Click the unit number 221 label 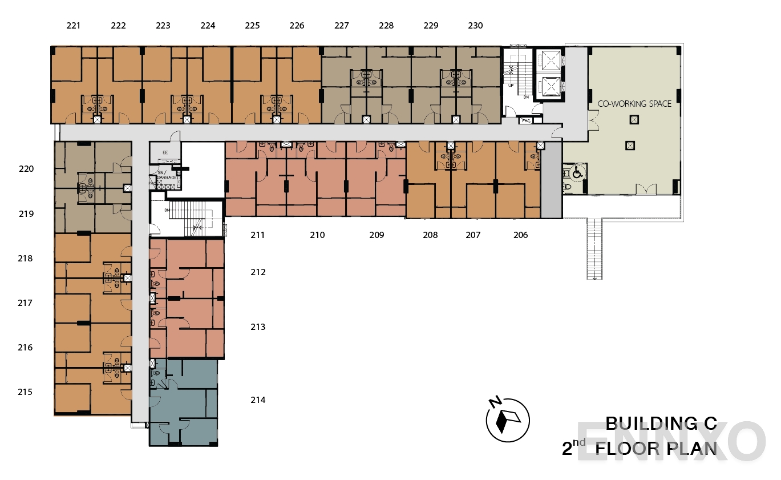[x=73, y=26]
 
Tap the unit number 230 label [x=475, y=26]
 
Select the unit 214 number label [x=258, y=400]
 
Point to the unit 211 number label [x=257, y=235]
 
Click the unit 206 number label [x=520, y=235]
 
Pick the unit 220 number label [x=26, y=169]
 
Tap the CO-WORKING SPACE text [x=634, y=104]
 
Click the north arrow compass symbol [x=507, y=420]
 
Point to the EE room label [x=165, y=152]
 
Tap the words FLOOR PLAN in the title [x=656, y=449]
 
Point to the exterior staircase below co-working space [x=594, y=248]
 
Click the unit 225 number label [x=252, y=26]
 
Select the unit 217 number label [x=25, y=303]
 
